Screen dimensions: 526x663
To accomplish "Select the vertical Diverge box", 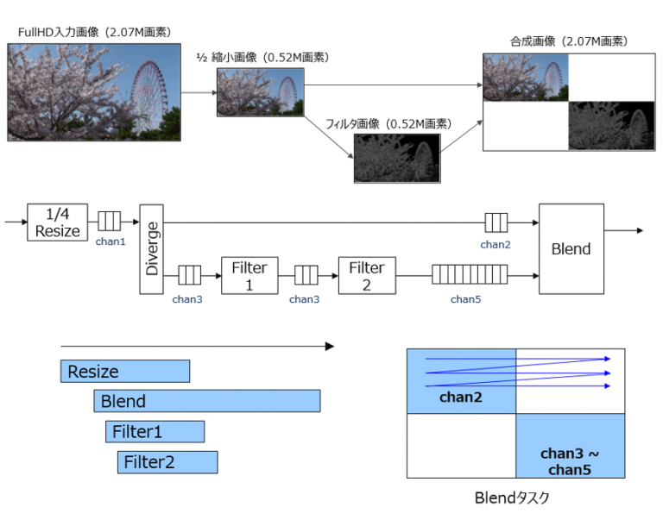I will point(151,249).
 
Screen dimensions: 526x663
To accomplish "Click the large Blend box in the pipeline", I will point(571,248).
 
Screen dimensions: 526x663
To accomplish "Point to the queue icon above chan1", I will point(109,222).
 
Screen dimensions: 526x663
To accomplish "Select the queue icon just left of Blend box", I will point(496,222).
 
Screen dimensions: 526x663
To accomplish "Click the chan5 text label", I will point(465,299).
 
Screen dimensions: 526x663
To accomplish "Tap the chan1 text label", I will point(110,242).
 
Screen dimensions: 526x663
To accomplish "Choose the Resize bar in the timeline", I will point(125,372).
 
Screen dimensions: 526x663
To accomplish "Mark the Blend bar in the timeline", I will point(207,401).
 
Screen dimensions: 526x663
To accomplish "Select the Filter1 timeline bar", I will point(155,432).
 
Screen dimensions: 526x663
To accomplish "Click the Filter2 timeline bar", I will point(167,462).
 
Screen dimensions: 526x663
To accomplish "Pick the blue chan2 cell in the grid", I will point(461,381).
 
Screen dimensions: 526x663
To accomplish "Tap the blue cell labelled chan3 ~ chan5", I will point(570,446).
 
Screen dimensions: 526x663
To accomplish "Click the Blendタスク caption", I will point(514,498).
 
